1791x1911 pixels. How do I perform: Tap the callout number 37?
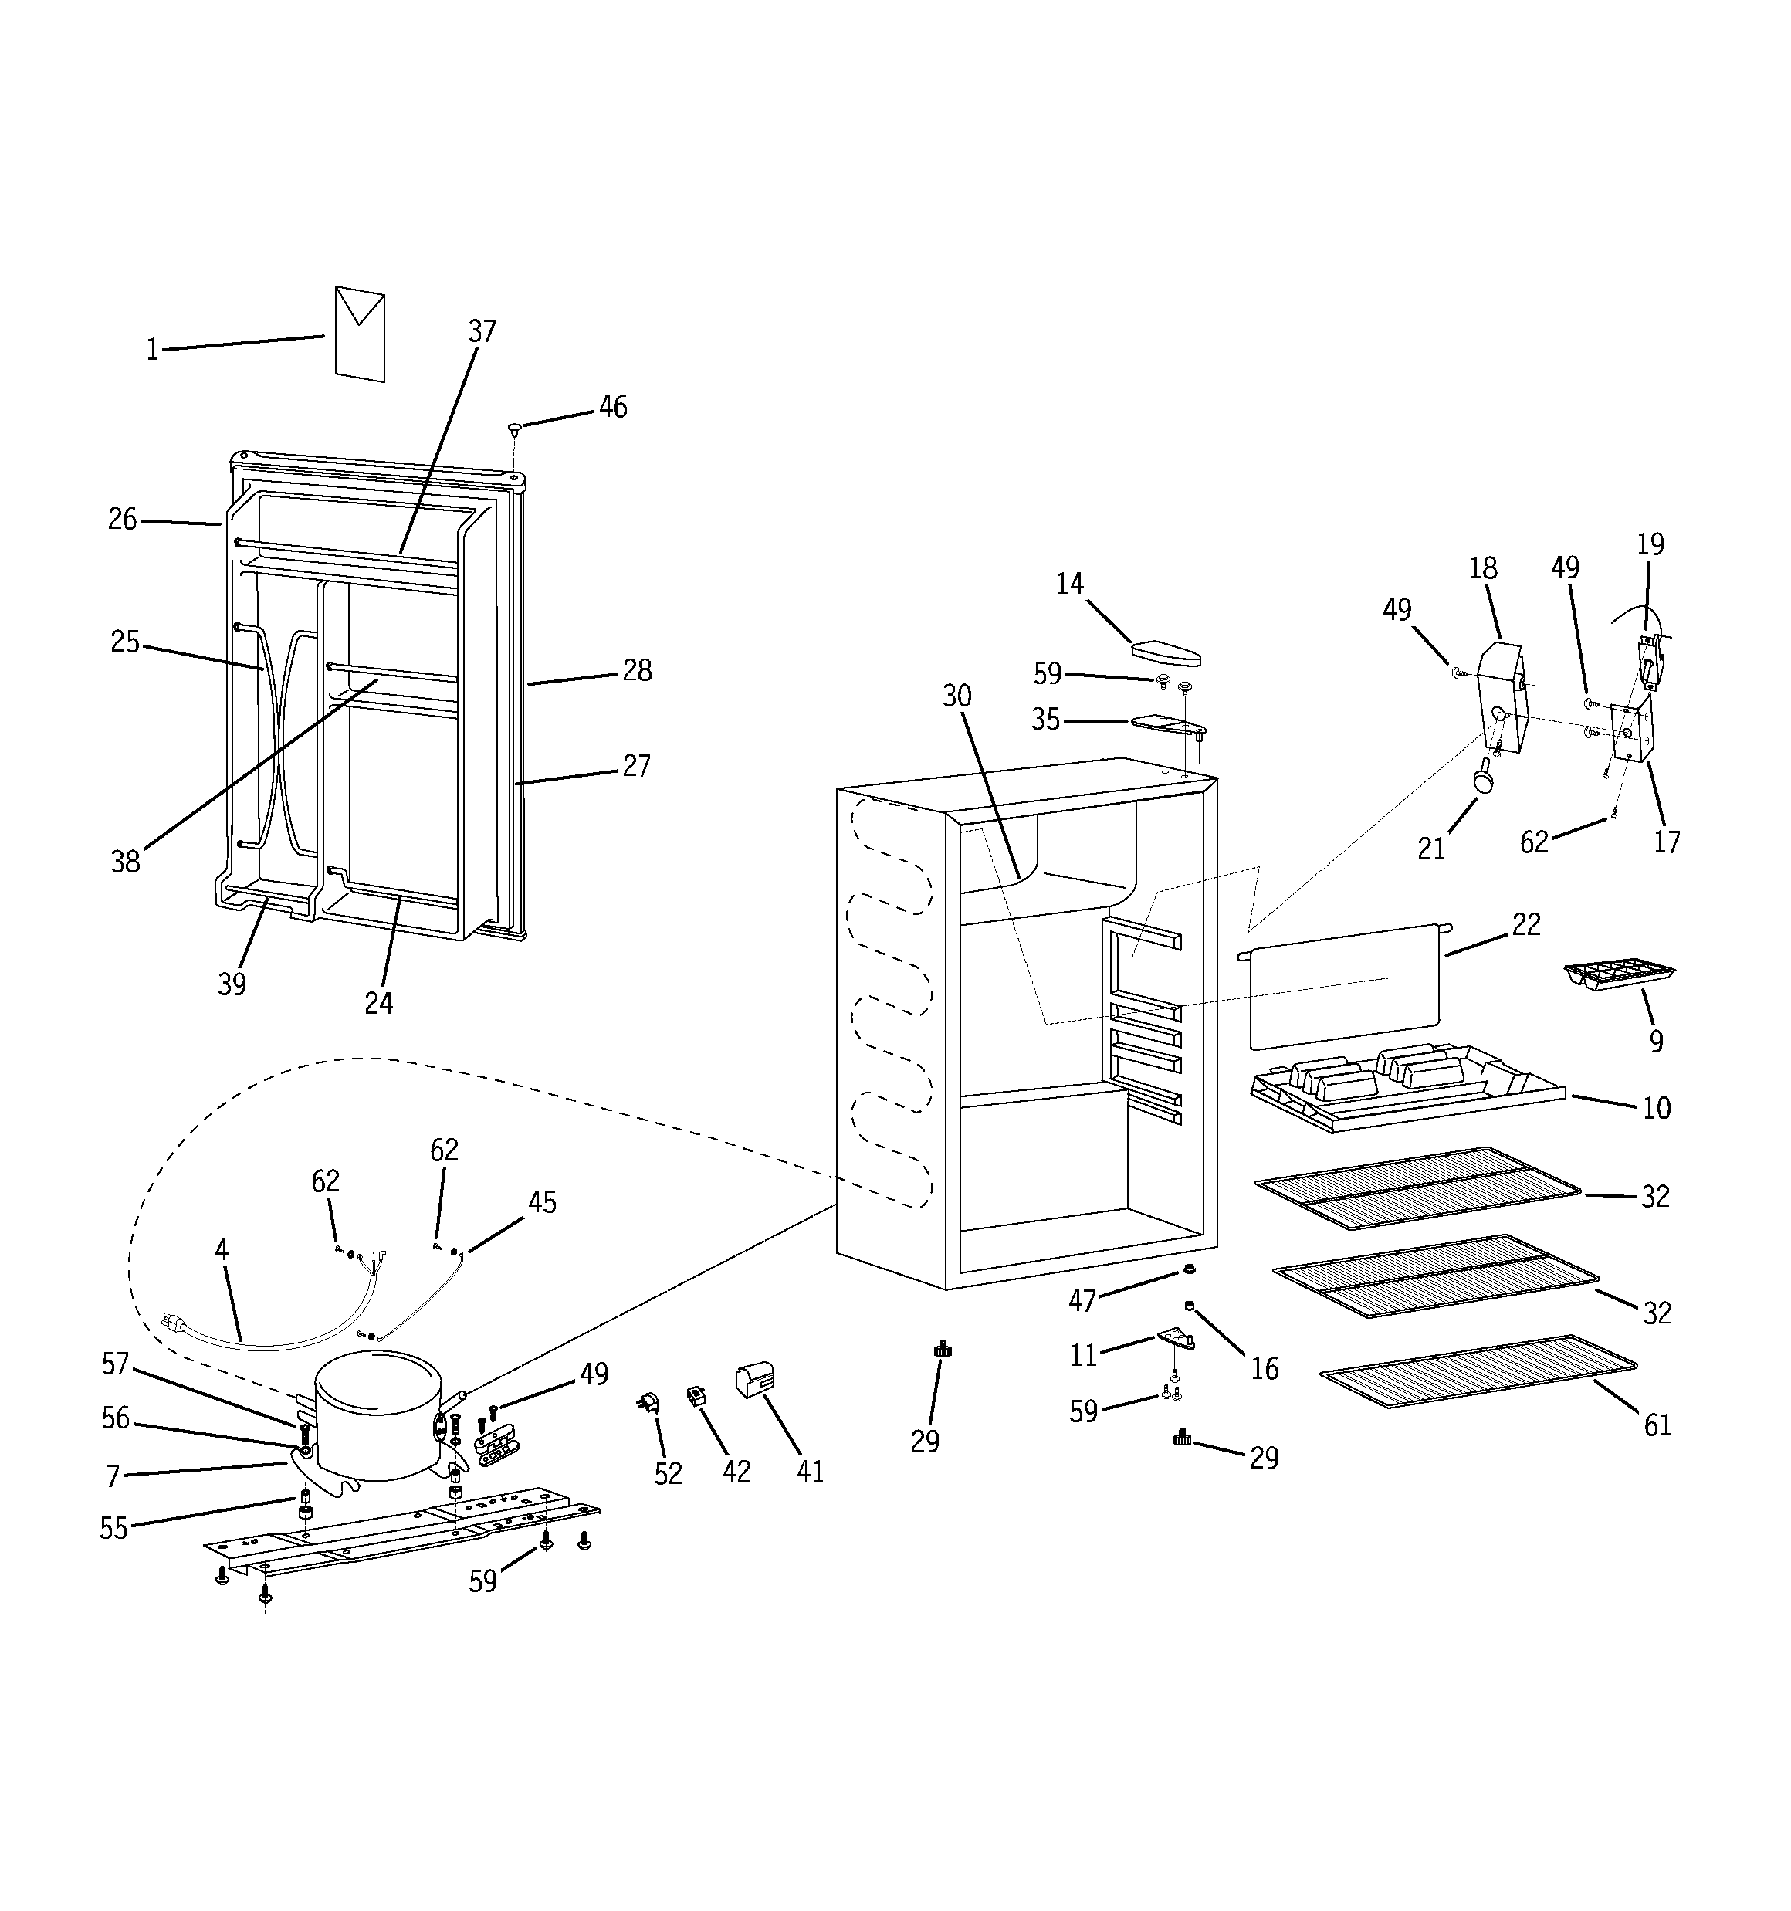(x=482, y=332)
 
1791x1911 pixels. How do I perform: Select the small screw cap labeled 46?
(x=514, y=427)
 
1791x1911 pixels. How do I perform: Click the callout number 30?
(x=956, y=696)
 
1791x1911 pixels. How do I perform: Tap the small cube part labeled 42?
(x=694, y=1396)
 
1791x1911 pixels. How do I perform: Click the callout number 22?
(x=1525, y=925)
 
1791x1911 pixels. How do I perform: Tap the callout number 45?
(x=542, y=1202)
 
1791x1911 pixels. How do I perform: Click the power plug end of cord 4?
(x=175, y=1322)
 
